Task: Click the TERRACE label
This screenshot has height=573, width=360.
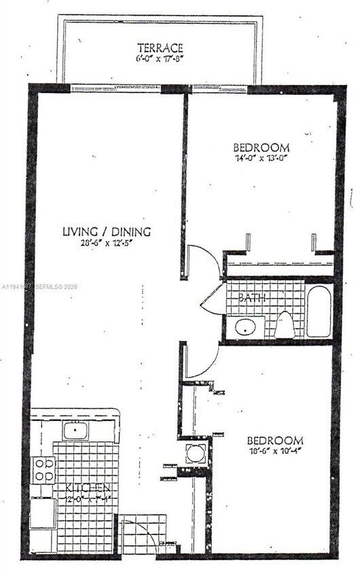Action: (x=160, y=48)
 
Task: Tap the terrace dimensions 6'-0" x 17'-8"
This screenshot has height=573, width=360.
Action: (x=160, y=58)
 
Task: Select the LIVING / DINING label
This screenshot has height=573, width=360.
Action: (x=107, y=232)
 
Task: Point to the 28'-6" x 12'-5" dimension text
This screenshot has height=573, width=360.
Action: (x=107, y=242)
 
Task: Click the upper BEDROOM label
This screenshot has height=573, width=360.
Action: (x=262, y=147)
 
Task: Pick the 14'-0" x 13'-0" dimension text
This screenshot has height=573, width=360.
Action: (x=262, y=158)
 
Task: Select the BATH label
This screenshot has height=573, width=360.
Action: (x=251, y=297)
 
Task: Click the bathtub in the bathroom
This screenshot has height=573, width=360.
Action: (x=318, y=311)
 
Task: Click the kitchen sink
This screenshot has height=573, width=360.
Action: (x=75, y=430)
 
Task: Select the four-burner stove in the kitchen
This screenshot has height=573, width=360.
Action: (x=43, y=469)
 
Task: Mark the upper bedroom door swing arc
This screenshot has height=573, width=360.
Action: (x=202, y=260)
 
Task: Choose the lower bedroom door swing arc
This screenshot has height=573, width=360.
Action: (x=202, y=360)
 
